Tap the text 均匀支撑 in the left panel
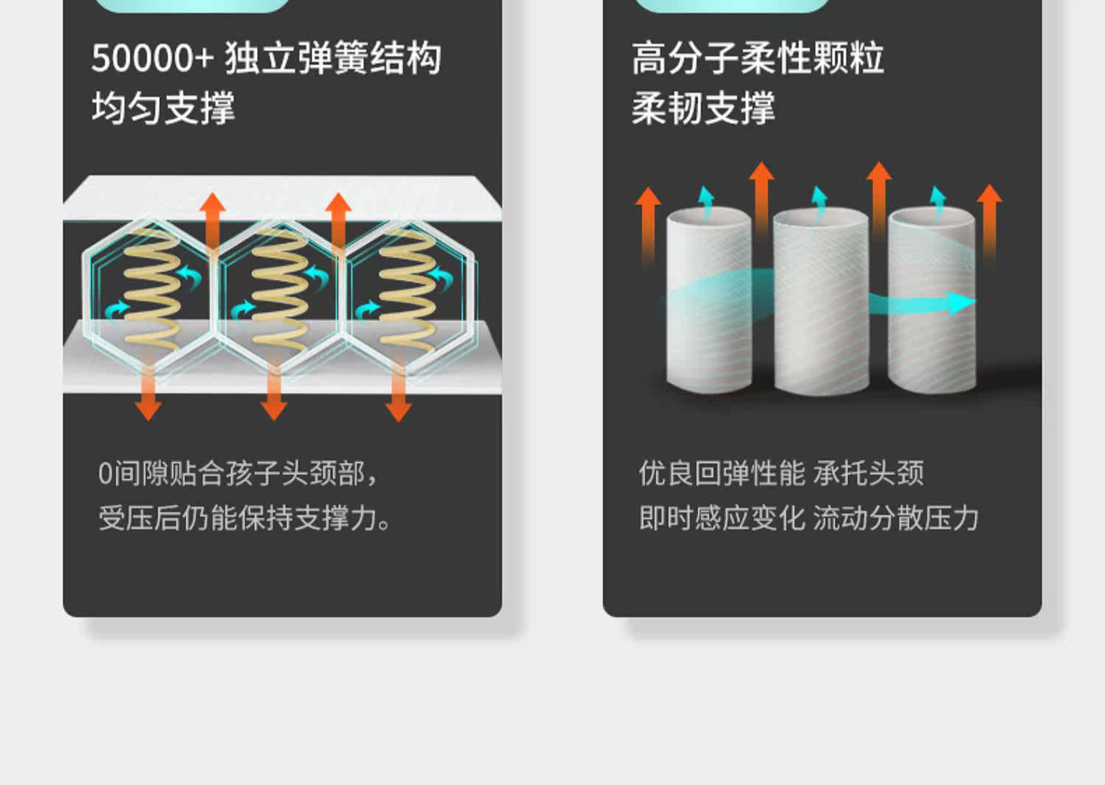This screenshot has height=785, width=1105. [164, 108]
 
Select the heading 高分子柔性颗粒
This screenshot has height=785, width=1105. [758, 58]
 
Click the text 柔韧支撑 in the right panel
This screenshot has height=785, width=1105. [704, 108]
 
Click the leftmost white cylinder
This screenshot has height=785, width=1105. [709, 300]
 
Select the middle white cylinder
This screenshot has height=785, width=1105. [821, 302]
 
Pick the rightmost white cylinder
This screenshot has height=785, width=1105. [932, 300]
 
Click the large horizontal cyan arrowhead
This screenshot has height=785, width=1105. [961, 303]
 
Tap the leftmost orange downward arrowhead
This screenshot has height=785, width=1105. [149, 411]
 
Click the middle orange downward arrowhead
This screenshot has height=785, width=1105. [274, 411]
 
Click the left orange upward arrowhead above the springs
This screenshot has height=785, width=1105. [213, 203]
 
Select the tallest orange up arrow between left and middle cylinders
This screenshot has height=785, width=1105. [761, 203]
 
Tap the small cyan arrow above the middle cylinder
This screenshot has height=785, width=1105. [819, 203]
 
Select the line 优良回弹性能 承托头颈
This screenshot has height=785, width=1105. [782, 473]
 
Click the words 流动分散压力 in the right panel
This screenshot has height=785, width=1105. [896, 518]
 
